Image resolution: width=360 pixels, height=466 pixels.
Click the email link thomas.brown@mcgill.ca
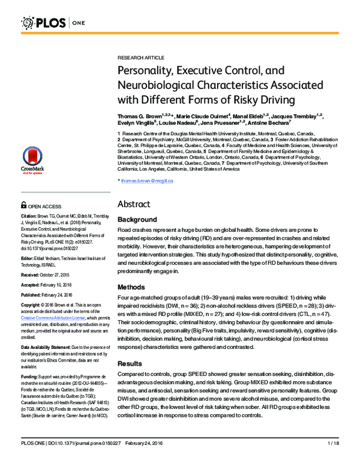point(147,181)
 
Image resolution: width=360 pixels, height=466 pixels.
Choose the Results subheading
point(131,364)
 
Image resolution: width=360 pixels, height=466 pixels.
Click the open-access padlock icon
point(24,205)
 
